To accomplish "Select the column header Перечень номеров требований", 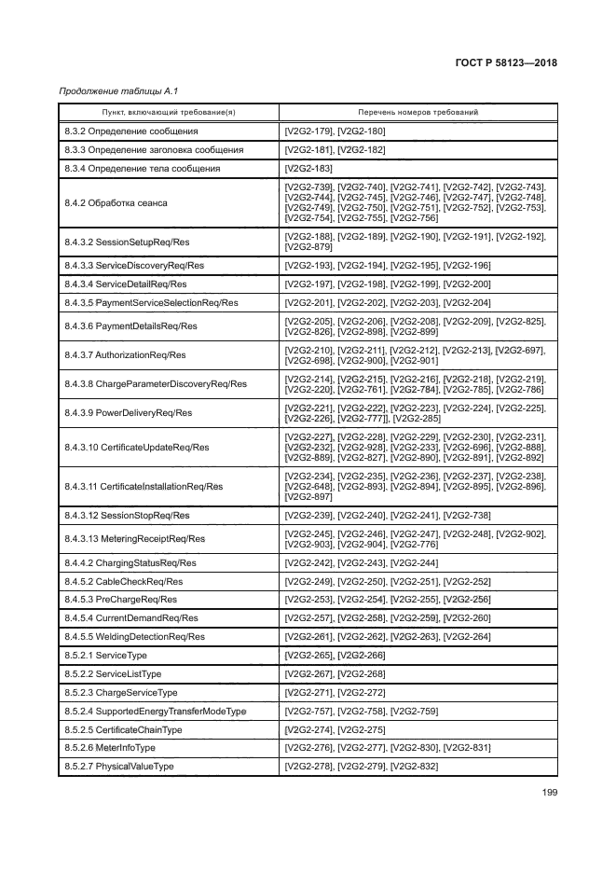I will tap(418, 112).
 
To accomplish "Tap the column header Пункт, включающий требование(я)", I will tap(168, 112).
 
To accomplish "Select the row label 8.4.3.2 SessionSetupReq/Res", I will tap(130, 242).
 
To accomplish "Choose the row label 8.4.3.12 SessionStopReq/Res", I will tap(127, 515).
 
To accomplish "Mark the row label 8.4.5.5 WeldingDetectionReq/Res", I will tap(134, 636).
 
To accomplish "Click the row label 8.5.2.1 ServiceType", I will tap(110, 656).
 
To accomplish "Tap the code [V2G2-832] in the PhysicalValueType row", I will tap(415, 766).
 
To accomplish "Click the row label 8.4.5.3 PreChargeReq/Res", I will tap(120, 600).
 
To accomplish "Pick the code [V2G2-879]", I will tap(308, 248).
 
